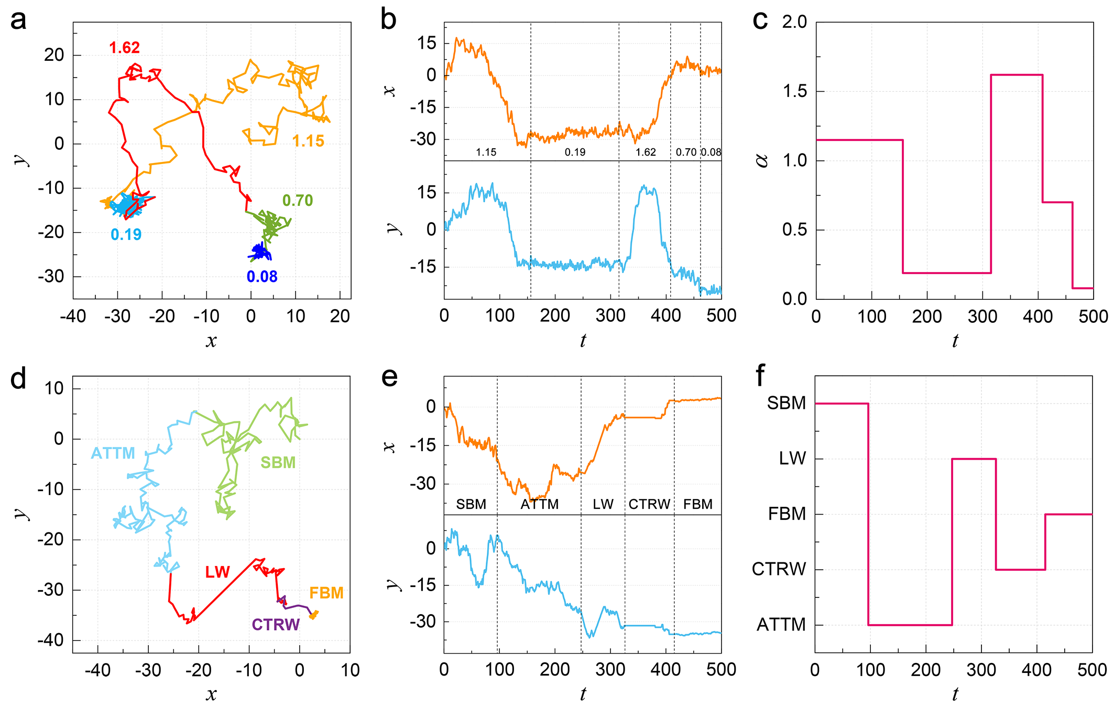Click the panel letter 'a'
tap(18, 21)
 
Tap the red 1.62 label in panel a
tap(124, 48)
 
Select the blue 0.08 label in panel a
tap(262, 276)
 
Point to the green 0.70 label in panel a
tap(297, 200)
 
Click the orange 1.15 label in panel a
tap(308, 141)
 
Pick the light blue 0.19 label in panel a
tap(126, 234)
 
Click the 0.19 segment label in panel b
tap(575, 152)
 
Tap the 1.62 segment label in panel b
tap(646, 152)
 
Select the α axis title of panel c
tap(762, 160)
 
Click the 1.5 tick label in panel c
tap(794, 91)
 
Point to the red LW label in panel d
tap(217, 572)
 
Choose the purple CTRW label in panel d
tap(276, 624)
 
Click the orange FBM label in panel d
tap(326, 593)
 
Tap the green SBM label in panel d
tap(278, 462)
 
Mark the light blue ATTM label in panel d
tap(113, 453)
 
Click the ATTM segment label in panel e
tap(540, 504)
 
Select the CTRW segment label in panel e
tap(649, 504)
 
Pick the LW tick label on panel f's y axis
tap(792, 459)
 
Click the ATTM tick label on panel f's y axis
tap(781, 625)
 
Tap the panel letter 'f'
tap(760, 375)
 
